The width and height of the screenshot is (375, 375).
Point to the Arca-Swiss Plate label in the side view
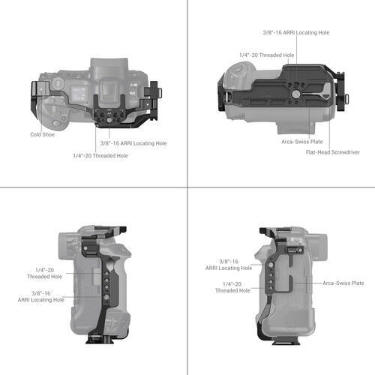click(343, 283)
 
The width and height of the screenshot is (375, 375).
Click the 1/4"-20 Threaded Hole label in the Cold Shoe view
click(100, 155)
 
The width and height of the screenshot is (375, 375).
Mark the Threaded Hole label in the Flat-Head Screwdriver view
click(266, 55)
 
